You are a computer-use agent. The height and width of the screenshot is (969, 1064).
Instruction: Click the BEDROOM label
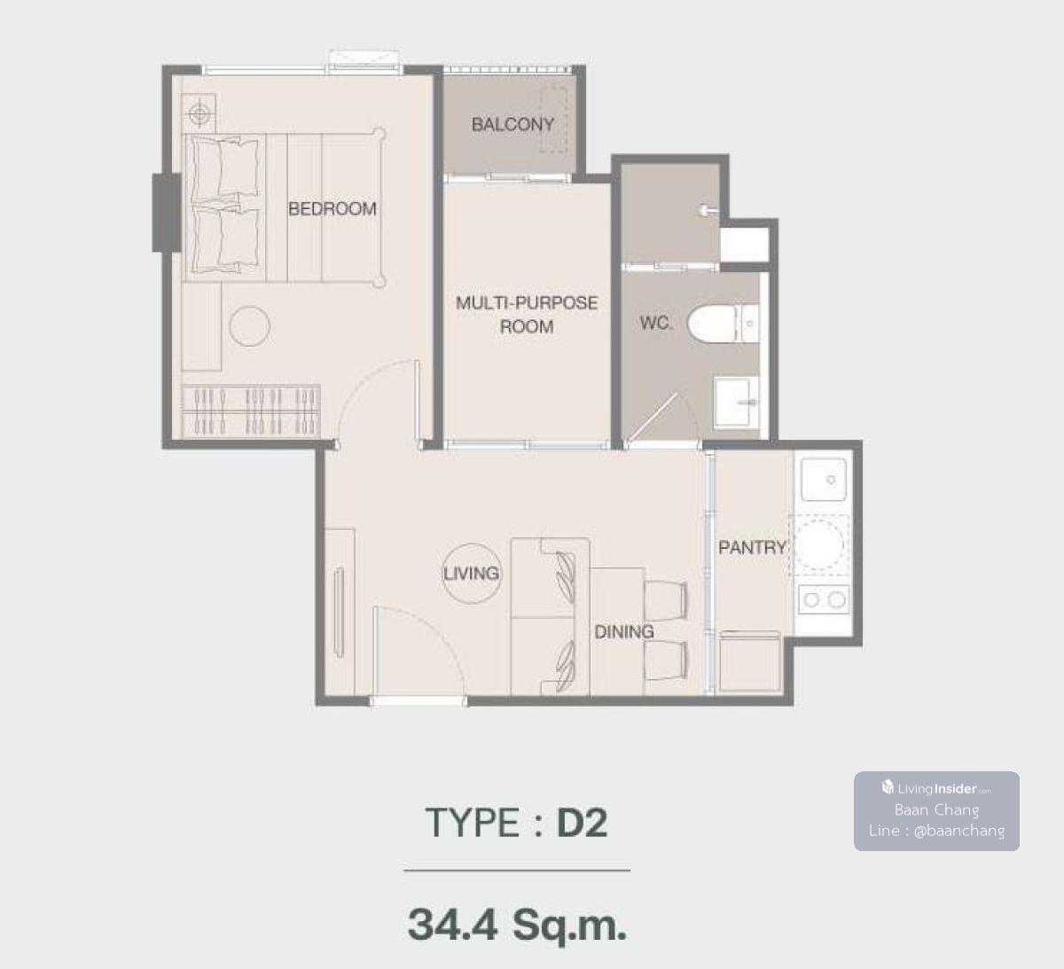pyautogui.click(x=332, y=208)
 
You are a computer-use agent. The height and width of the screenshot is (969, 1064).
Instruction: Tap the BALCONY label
pyautogui.click(x=512, y=124)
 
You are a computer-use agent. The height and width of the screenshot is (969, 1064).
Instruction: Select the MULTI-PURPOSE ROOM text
pyautogui.click(x=527, y=315)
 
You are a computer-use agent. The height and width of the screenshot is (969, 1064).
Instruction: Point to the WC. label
pyautogui.click(x=656, y=323)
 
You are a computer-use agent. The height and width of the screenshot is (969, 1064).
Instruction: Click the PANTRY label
pyautogui.click(x=752, y=547)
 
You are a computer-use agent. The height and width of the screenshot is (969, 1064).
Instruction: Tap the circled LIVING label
pyautogui.click(x=471, y=574)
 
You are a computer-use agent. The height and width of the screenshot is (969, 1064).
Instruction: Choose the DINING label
pyautogui.click(x=623, y=632)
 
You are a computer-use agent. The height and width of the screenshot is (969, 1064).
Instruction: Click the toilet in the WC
pyautogui.click(x=723, y=324)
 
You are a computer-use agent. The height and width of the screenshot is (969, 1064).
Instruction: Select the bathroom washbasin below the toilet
pyautogui.click(x=737, y=402)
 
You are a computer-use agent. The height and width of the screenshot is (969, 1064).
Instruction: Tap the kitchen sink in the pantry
pyautogui.click(x=823, y=480)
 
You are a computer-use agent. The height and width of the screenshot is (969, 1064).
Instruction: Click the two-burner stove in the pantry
pyautogui.click(x=824, y=600)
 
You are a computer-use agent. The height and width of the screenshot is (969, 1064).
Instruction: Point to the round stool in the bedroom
pyautogui.click(x=250, y=326)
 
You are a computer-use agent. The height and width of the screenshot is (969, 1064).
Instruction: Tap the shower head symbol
pyautogui.click(x=708, y=210)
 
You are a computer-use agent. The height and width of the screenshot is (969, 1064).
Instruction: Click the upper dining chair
pyautogui.click(x=666, y=601)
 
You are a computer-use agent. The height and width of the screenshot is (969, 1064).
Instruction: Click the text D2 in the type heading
pyautogui.click(x=582, y=823)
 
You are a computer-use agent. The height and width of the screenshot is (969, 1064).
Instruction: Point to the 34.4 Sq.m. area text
pyautogui.click(x=517, y=925)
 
